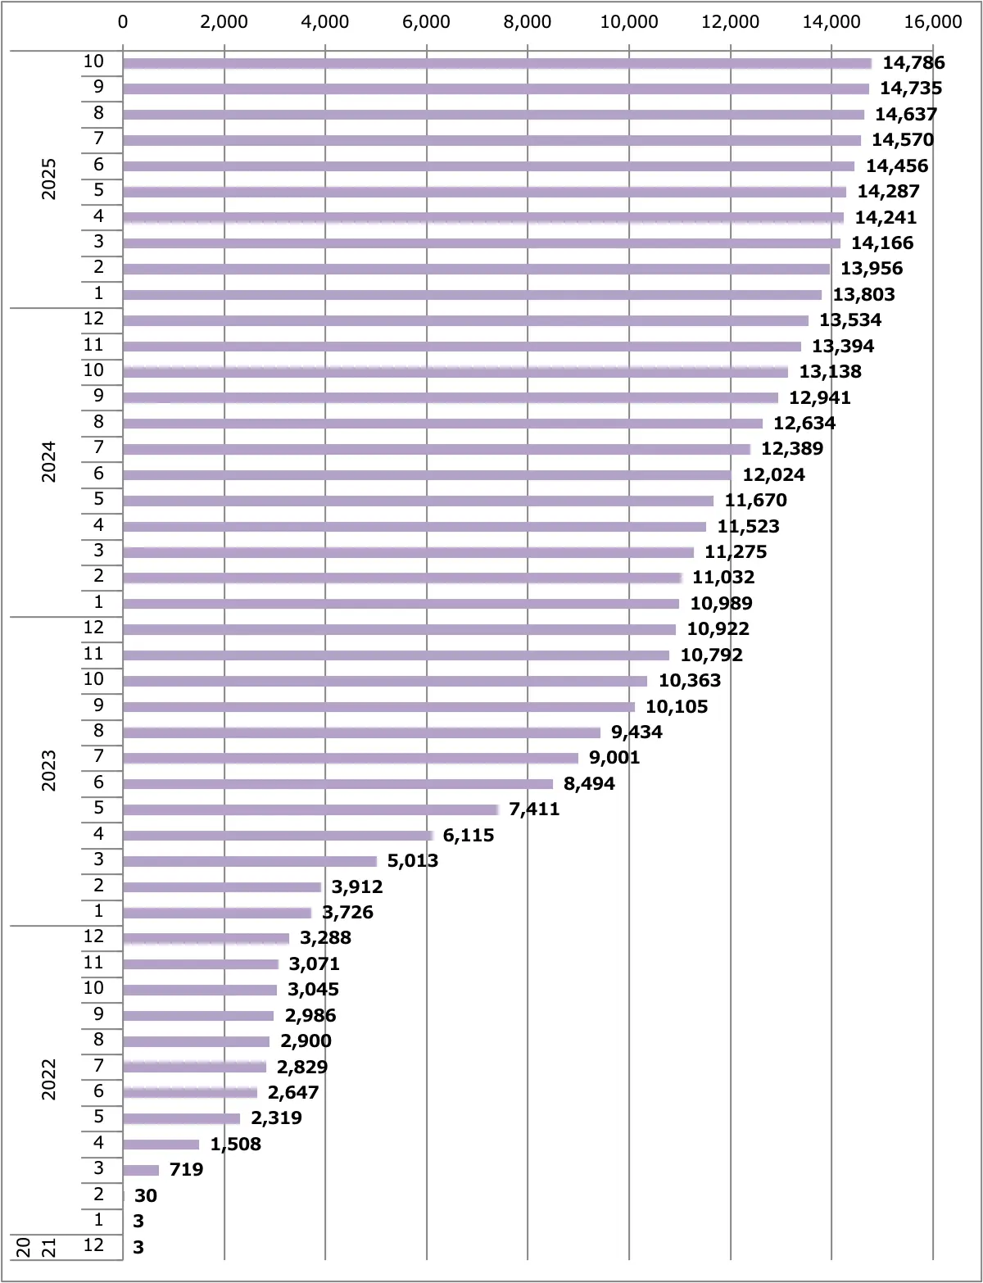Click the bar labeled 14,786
tap(496, 63)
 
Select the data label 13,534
tap(850, 320)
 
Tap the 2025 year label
tap(49, 179)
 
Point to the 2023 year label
tap(49, 770)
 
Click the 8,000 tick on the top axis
tap(528, 22)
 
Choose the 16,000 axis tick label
tap(932, 22)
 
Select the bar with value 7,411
tap(310, 809)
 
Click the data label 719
tap(186, 1170)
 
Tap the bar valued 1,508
tap(161, 1145)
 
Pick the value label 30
tap(146, 1196)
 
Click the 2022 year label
tap(49, 1079)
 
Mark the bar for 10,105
tap(378, 707)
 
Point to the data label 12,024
tap(773, 475)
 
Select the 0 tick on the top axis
tap(123, 22)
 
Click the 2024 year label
tap(49, 461)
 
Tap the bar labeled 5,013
tap(250, 861)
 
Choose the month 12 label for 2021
tap(93, 1245)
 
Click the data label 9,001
tap(614, 758)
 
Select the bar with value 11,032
tap(401, 578)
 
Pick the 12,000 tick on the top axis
tap(730, 22)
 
